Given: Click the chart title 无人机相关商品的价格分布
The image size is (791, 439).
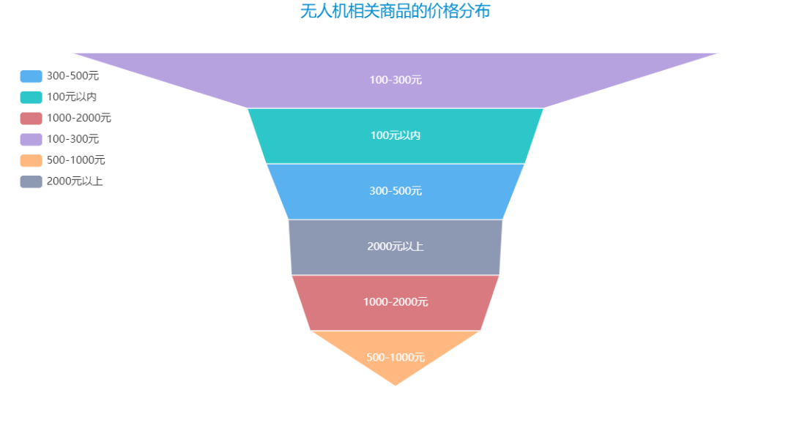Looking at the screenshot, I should pyautogui.click(x=395, y=12).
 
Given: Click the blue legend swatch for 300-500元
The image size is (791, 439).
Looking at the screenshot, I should pyautogui.click(x=31, y=76).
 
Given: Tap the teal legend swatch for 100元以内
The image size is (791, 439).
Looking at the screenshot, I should pyautogui.click(x=31, y=97).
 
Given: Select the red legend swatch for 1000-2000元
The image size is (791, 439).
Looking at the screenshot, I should pyautogui.click(x=31, y=118).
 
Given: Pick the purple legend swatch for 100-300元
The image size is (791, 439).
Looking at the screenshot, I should pyautogui.click(x=31, y=139).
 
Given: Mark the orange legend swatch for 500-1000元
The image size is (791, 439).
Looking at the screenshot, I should pyautogui.click(x=31, y=160).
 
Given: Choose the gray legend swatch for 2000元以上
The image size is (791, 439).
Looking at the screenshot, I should pyautogui.click(x=31, y=181).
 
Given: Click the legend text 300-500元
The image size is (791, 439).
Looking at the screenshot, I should pyautogui.click(x=73, y=76).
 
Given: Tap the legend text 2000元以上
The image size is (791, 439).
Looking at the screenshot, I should pyautogui.click(x=75, y=181).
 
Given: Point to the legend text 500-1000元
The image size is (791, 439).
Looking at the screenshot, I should pyautogui.click(x=75, y=160).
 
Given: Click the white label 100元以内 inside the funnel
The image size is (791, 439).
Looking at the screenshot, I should pyautogui.click(x=395, y=135).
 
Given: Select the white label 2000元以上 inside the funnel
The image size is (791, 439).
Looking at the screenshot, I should pyautogui.click(x=395, y=247).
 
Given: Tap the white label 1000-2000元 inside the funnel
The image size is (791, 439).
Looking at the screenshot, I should pyautogui.click(x=395, y=302).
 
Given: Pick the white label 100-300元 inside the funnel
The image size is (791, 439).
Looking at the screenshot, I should pyautogui.click(x=395, y=80).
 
